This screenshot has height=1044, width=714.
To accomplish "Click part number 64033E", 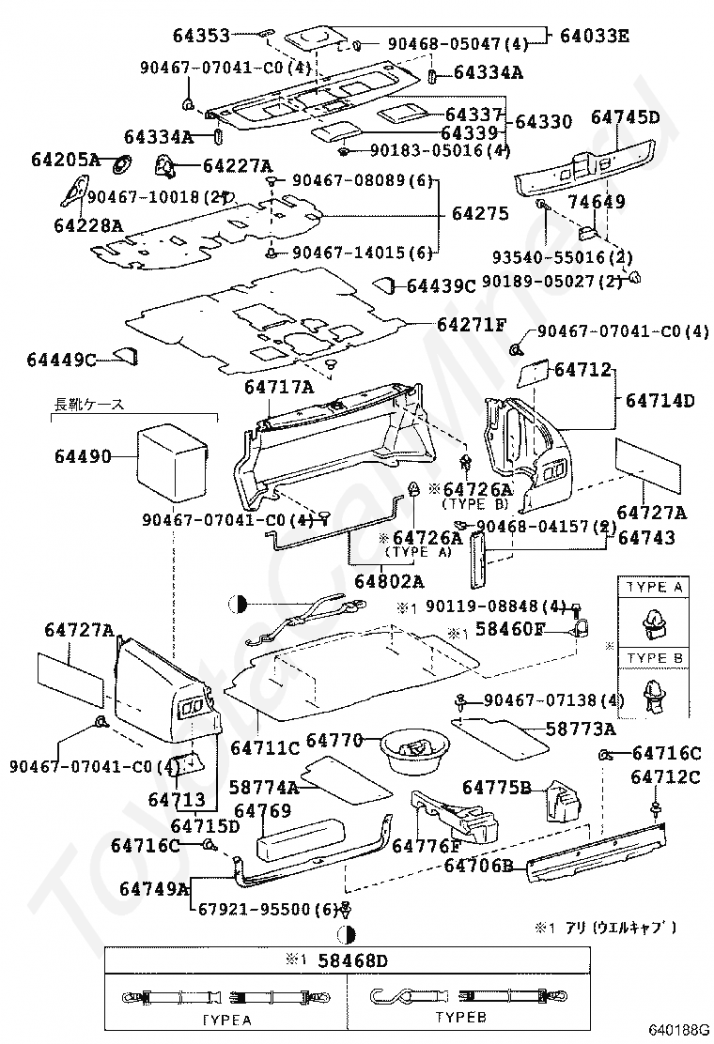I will tap(594, 37).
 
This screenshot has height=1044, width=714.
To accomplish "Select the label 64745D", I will tap(625, 117).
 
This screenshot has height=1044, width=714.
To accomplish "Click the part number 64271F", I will tap(471, 325).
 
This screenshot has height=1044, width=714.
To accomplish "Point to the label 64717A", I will tap(279, 386).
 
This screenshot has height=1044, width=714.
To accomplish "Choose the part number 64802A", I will tap(389, 581).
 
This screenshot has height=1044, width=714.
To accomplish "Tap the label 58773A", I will tap(581, 729).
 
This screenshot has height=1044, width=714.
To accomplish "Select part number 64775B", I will tap(497, 787).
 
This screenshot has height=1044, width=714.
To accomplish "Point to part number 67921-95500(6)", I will tap(266, 909).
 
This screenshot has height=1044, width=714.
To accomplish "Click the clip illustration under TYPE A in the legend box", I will tap(648, 621).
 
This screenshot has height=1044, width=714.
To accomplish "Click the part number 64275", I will tap(480, 213).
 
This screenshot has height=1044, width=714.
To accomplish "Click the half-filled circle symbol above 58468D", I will tap(346, 934).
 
